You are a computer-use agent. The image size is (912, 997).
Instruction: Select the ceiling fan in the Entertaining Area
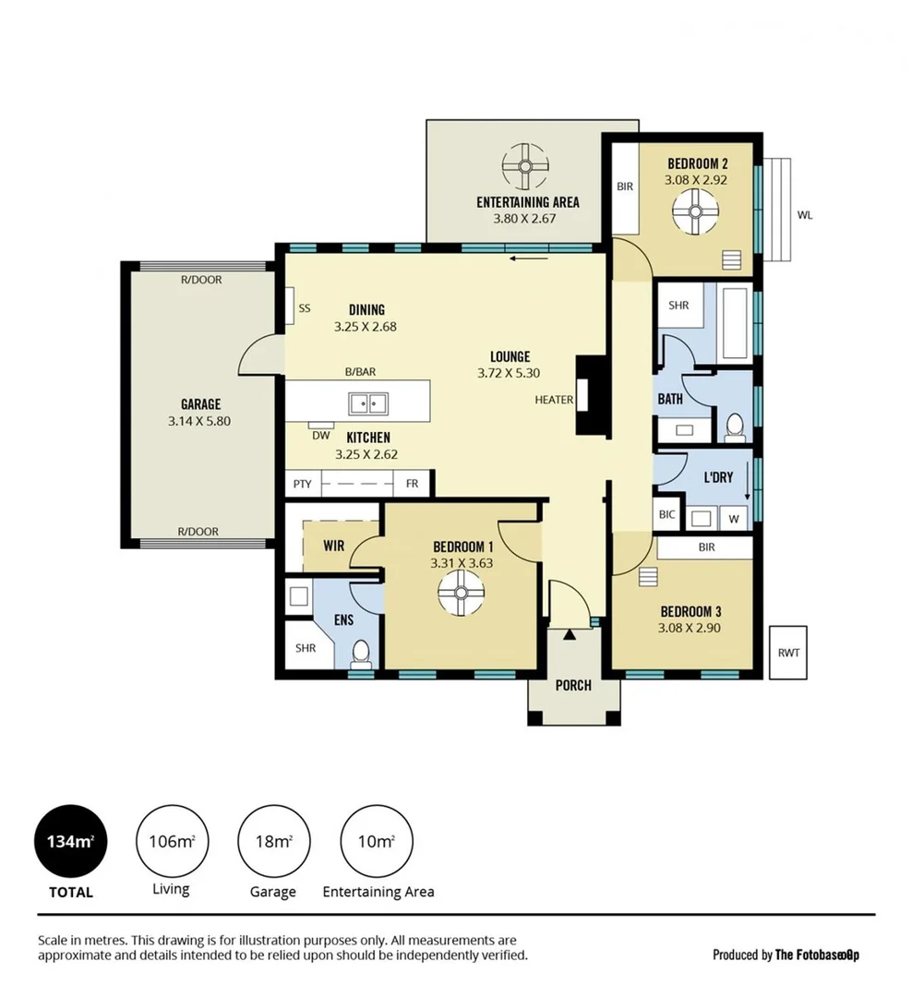526,167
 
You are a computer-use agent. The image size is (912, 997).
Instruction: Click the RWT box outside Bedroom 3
788,653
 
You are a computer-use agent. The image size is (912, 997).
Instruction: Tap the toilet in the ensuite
362,654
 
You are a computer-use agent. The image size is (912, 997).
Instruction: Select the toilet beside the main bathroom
735,426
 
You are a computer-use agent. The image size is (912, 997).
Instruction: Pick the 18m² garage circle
273,841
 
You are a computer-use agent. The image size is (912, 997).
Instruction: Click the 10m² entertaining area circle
377,841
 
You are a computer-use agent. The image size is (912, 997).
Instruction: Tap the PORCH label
573,685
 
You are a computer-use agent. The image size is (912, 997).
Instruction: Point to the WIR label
333,546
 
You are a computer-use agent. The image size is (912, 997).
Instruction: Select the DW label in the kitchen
320,435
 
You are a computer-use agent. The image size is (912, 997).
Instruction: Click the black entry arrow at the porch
570,634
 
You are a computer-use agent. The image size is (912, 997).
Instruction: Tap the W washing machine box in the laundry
734,518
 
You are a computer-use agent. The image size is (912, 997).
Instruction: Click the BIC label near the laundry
666,516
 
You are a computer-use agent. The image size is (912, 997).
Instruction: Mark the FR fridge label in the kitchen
411,483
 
